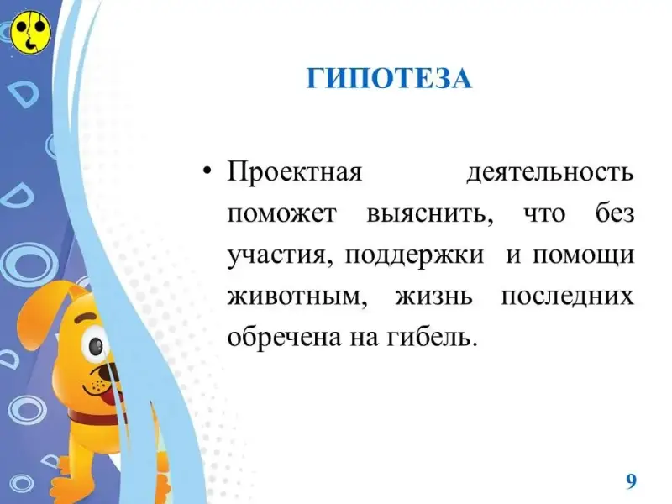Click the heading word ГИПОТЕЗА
(389, 78)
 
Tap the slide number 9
(631, 481)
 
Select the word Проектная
(295, 173)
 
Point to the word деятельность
(550, 173)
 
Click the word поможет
(281, 214)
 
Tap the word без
(615, 213)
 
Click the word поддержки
(414, 256)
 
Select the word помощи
(583, 256)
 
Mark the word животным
(297, 297)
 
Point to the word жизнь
(433, 297)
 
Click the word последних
(568, 297)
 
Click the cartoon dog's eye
(95, 344)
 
